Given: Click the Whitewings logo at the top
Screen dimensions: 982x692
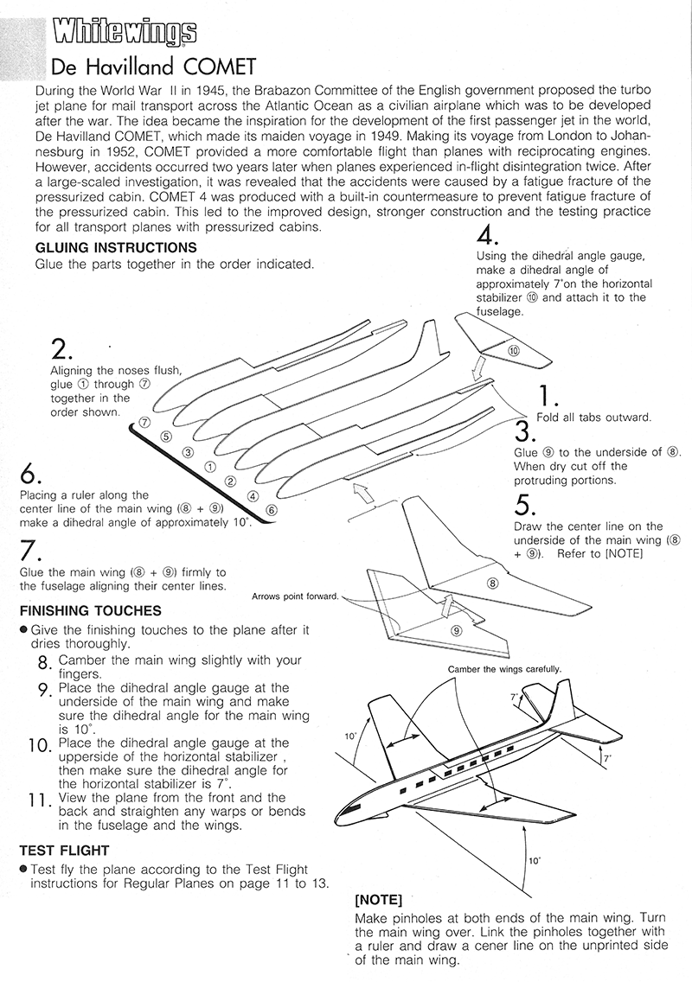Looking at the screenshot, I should pos(124,34).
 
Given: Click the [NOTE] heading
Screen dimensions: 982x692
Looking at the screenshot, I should pos(379,898).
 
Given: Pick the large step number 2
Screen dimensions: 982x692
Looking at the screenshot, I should pos(61,349).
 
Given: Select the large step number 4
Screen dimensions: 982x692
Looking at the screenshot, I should pos(487,236).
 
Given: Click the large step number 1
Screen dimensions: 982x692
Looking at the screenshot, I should pos(547,396).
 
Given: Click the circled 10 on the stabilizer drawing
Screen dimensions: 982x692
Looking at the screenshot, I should pos(513,352).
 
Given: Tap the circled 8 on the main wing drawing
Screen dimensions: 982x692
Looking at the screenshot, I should pos(493,584).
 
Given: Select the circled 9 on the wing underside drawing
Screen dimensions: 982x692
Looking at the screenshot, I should pos(456,631).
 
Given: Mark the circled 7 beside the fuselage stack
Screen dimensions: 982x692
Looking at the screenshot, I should pos(144,423).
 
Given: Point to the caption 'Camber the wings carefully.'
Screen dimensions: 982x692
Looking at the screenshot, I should pos(504,669).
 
